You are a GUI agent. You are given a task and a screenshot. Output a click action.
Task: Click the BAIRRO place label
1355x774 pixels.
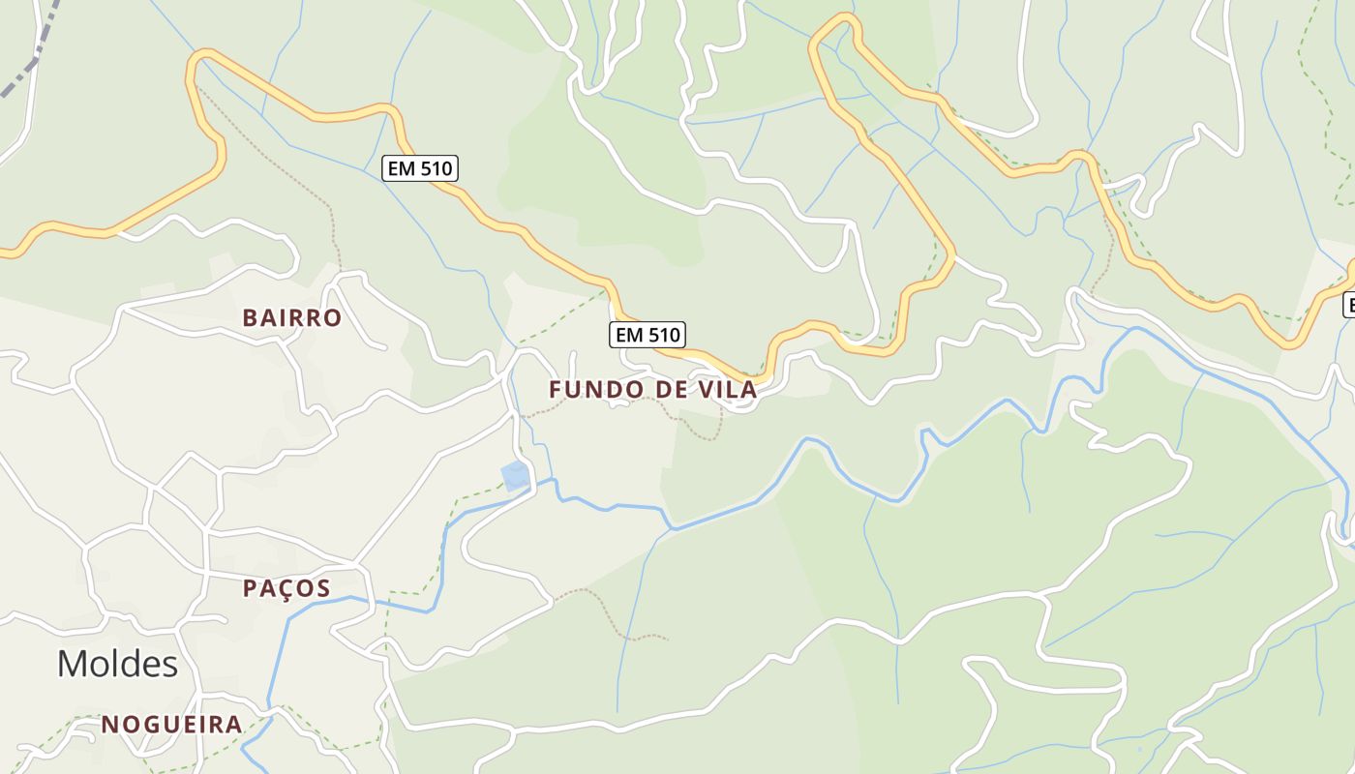click(x=291, y=318)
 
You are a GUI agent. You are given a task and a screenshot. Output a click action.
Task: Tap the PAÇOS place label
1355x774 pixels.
click(x=286, y=588)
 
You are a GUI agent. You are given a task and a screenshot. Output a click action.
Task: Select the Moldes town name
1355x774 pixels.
click(x=117, y=664)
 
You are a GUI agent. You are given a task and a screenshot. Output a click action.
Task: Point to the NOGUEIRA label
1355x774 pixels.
click(x=171, y=725)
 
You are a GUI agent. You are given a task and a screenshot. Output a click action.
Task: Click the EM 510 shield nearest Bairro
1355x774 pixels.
click(x=419, y=168)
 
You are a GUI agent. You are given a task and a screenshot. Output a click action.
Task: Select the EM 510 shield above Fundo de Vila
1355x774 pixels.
click(x=647, y=335)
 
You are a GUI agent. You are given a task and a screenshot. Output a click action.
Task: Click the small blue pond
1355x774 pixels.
click(x=515, y=475)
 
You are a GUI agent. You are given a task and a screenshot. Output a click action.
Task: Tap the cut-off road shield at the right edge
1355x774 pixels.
click(x=1349, y=305)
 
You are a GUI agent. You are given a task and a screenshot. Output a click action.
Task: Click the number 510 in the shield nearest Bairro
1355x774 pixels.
click(x=435, y=168)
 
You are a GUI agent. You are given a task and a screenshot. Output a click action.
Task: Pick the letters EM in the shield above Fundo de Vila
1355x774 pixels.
click(x=629, y=335)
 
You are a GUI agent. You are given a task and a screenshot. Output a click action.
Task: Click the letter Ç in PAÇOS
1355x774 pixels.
click(x=286, y=588)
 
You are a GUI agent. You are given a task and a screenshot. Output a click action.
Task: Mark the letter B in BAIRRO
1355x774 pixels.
click(x=250, y=318)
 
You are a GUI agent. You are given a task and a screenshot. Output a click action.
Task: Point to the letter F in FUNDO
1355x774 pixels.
click(x=556, y=390)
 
